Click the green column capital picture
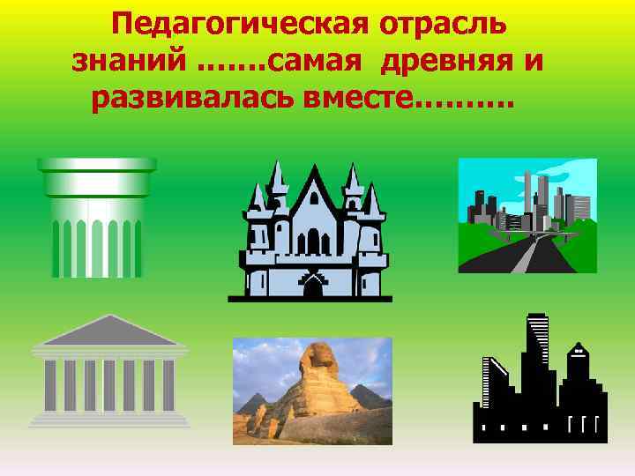point(96,212)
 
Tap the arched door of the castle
point(314,287)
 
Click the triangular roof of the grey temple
point(109,331)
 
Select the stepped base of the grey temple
point(109,418)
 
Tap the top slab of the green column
point(96,165)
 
